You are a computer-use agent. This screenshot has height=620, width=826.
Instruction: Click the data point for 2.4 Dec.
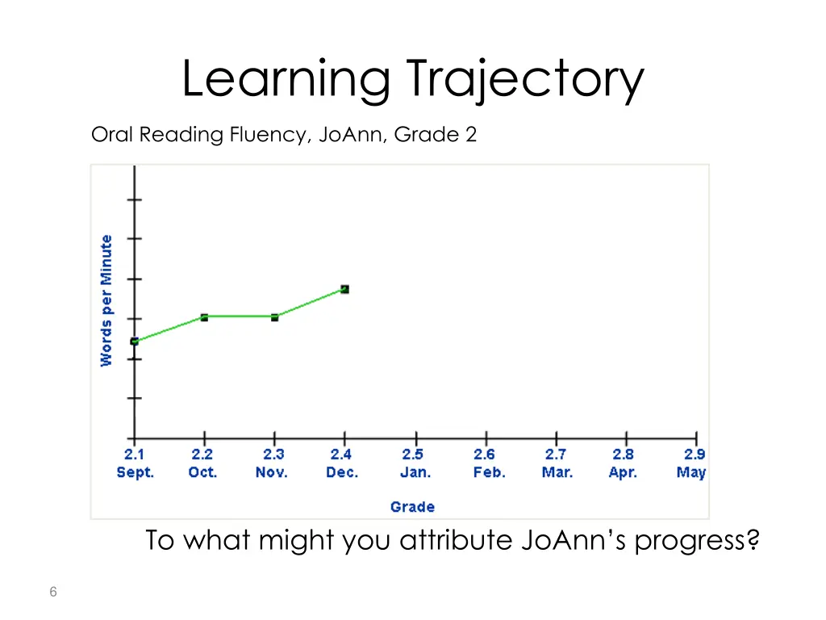tap(344, 289)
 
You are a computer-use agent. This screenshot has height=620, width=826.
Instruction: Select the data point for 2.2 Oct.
tap(204, 317)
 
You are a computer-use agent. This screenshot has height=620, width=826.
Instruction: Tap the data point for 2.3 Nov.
tap(274, 317)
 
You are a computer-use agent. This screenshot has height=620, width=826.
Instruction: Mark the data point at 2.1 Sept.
tap(135, 341)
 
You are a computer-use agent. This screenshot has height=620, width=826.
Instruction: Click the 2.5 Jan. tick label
tap(415, 464)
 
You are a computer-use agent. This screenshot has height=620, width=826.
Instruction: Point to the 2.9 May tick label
tap(692, 464)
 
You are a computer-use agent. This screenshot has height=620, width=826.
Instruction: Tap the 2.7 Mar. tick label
tap(557, 464)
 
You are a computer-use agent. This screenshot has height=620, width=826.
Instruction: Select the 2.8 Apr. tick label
tap(623, 464)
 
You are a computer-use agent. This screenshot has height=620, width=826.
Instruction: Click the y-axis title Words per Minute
tap(106, 300)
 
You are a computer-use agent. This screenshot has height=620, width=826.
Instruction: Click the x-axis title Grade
tap(412, 507)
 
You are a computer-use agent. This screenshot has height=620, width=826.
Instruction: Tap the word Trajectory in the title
tap(525, 79)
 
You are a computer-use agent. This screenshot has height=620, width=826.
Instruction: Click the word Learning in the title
tap(286, 79)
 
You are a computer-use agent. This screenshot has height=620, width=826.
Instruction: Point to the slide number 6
tap(52, 593)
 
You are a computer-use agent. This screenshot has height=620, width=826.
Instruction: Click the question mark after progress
tap(753, 540)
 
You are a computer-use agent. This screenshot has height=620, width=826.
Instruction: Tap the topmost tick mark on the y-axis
tap(135, 199)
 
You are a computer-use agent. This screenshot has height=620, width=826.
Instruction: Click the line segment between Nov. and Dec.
tap(310, 304)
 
